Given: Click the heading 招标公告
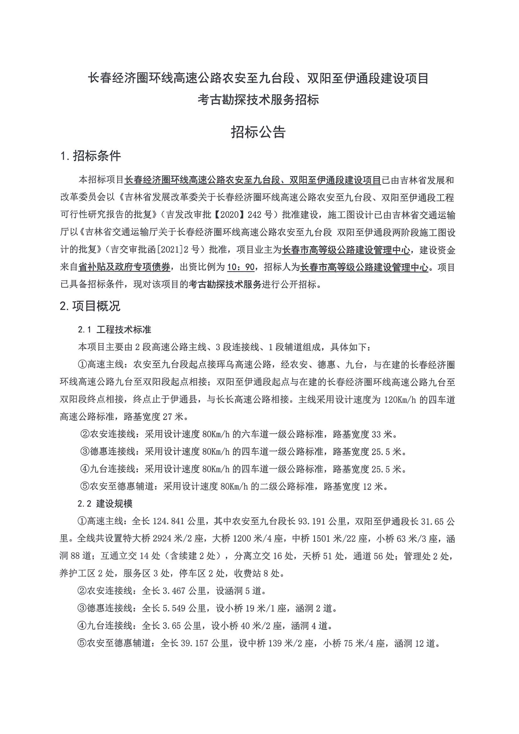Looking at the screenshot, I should click(x=258, y=132).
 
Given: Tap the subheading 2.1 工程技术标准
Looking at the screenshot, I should click(x=114, y=330).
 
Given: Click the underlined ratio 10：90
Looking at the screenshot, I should click(x=241, y=267).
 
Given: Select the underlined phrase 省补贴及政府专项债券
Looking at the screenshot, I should click(x=124, y=267).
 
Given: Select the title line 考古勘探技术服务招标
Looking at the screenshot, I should click(x=258, y=100).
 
